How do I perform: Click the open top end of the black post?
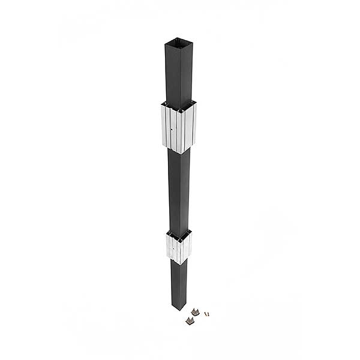pos(178,44)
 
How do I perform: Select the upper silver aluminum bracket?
pos(178,127)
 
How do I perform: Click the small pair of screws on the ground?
pos(206,313)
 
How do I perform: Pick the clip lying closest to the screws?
pos(195,311)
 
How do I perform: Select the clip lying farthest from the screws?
pos(190,321)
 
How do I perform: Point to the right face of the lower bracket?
pos(185,247)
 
